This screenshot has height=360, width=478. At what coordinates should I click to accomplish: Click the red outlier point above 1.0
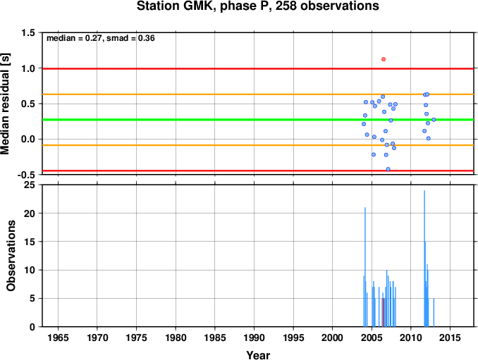384,59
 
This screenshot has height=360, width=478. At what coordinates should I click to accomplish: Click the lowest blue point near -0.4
388,169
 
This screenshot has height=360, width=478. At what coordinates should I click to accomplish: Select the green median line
258,119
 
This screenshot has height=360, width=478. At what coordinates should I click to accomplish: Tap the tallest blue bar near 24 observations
424,259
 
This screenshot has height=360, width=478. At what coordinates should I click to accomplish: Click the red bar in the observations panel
384,313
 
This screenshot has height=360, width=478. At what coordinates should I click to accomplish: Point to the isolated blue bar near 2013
434,313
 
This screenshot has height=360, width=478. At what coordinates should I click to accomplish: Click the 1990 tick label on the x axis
254,337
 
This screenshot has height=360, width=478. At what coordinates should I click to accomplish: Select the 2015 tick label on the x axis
451,337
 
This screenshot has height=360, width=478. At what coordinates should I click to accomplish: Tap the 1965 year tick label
58,337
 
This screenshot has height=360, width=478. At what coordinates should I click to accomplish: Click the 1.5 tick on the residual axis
27,32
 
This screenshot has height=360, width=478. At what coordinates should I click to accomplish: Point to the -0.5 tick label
26,175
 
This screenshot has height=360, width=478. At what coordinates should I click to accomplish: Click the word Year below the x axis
258,355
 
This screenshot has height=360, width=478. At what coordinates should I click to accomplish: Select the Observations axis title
11,256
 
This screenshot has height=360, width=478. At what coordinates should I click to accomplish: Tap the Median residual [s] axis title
5,104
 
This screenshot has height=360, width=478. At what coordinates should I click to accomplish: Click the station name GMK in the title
197,6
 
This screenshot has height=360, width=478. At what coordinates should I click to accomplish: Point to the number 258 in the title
286,6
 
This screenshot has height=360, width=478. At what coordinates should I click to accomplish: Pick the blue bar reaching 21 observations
365,267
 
